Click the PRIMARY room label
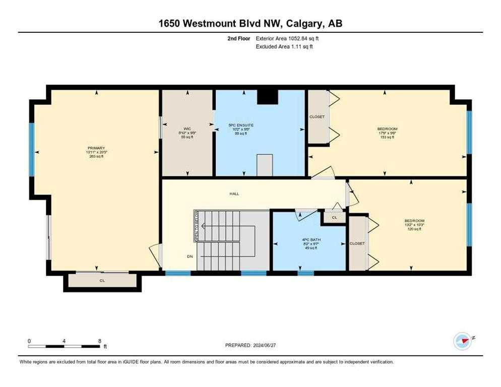tap(95, 148)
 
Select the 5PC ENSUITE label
tap(240, 124)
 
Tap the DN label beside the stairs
tap(190, 256)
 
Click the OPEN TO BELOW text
tap(196, 226)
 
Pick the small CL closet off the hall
tap(334, 217)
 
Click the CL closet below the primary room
tap(102, 281)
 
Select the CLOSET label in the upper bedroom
tap(317, 117)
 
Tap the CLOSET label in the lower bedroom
tap(357, 243)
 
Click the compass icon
tap(462, 341)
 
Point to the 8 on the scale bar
tap(99, 341)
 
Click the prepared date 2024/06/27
tap(250, 345)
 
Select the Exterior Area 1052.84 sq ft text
tap(287, 38)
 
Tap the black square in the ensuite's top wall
tap(267, 96)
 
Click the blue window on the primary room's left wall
tap(31, 149)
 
